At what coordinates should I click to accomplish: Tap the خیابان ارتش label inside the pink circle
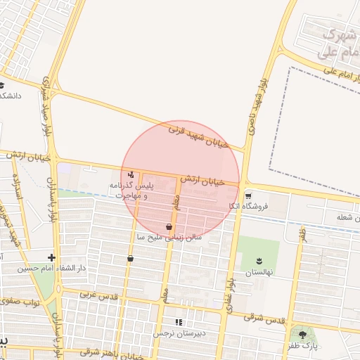202,181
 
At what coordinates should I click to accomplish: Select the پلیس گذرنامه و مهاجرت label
130,190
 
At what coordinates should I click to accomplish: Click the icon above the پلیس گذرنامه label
131,174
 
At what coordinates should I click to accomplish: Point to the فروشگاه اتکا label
247,207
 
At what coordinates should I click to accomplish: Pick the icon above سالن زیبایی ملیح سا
169,226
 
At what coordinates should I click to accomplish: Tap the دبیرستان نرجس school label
179,333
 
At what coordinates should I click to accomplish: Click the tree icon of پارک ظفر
303,335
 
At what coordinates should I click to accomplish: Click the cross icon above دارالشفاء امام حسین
51,257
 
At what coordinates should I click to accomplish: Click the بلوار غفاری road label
230,274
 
